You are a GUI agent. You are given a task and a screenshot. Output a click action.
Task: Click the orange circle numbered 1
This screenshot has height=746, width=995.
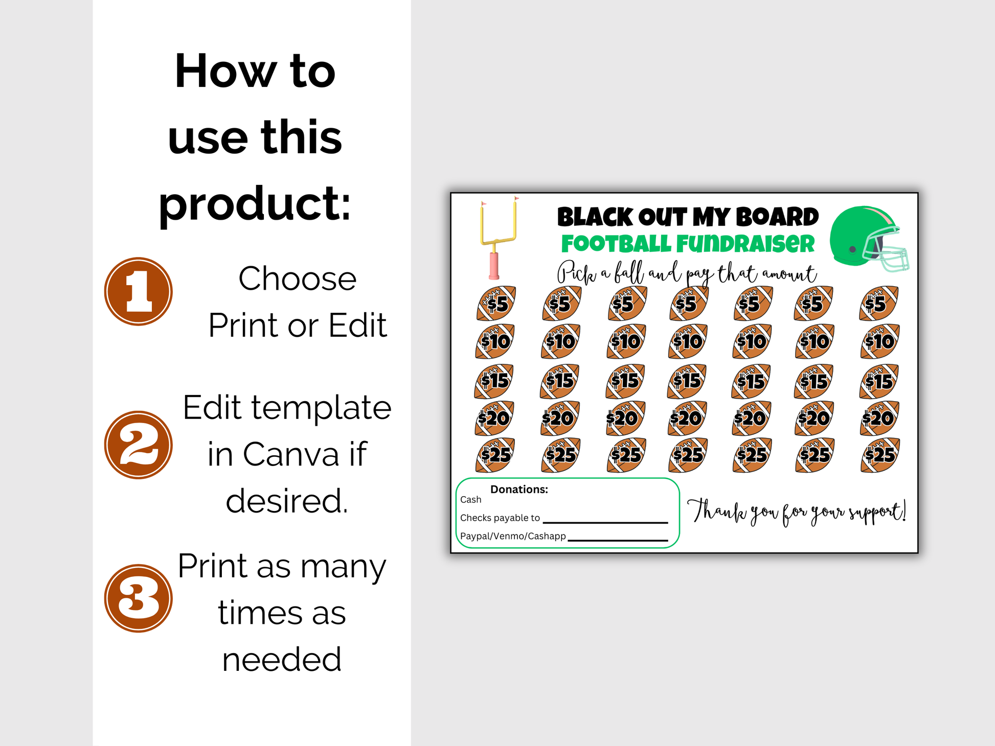(x=139, y=291)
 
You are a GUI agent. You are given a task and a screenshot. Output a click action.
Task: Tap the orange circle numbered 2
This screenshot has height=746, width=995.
(x=139, y=445)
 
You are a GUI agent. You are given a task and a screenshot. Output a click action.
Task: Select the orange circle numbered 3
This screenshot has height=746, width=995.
(x=139, y=598)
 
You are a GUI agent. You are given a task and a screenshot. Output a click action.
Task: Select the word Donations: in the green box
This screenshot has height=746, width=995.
(x=519, y=489)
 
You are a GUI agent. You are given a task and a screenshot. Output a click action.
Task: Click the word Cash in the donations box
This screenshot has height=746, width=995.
(x=470, y=500)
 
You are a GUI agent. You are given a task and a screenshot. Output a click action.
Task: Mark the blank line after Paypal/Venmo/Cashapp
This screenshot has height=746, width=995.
(x=618, y=540)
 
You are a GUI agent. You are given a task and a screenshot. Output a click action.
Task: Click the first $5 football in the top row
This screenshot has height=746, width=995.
(x=496, y=304)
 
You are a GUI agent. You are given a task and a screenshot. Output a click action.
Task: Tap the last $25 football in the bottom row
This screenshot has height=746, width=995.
(x=879, y=455)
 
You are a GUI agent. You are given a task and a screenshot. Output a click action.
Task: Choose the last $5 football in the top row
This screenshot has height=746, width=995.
(x=879, y=304)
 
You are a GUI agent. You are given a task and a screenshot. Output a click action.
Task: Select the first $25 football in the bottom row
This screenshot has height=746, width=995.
(x=495, y=455)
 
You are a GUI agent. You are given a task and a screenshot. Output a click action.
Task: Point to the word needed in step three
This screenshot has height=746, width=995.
(x=282, y=659)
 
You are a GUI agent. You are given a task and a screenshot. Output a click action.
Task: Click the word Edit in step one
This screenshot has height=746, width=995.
(x=357, y=325)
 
